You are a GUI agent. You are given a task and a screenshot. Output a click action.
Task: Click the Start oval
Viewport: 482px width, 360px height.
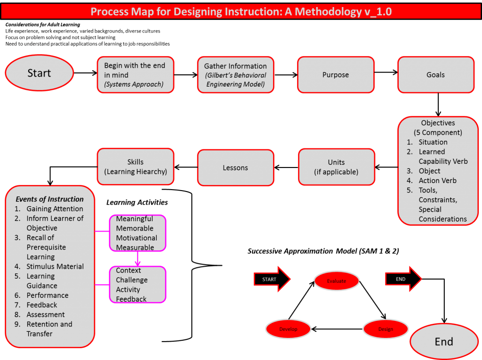coord(40,73)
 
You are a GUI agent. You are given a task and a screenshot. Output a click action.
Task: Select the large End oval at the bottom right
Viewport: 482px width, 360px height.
coord(444,342)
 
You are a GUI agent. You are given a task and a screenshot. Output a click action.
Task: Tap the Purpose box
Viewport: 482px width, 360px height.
coord(336,75)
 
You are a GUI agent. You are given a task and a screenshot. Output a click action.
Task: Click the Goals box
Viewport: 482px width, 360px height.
coord(435,75)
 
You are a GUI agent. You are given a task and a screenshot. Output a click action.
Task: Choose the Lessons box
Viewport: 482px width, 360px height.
coord(235,168)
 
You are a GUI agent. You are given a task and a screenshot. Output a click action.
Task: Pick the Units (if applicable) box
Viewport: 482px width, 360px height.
coord(336,167)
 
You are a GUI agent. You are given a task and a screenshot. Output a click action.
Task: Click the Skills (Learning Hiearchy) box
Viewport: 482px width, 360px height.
coord(136,167)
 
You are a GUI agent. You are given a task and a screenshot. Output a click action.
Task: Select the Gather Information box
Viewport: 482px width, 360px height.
coord(235,75)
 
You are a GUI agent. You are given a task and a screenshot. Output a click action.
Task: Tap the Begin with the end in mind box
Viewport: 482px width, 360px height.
coord(136,75)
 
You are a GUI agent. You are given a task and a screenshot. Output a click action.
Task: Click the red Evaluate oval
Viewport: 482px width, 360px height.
coord(337,281)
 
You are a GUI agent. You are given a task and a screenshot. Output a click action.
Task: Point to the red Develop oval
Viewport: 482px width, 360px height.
coord(288,329)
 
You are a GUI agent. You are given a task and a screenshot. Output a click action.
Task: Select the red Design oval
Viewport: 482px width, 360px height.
coord(386,329)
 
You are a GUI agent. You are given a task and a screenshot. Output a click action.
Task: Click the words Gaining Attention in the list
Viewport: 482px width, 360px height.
coord(55,209)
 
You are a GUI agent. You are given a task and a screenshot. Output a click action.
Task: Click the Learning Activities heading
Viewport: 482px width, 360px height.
coord(137,202)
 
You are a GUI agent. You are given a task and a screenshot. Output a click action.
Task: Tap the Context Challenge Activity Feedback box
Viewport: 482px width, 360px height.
coord(137,285)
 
